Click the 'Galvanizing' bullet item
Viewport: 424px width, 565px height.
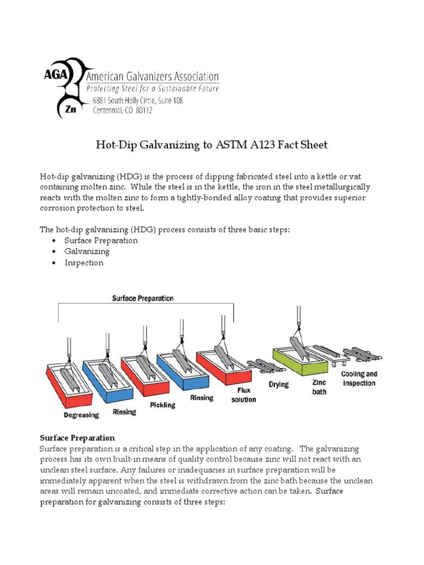tap(87, 252)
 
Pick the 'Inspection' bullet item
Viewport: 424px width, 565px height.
tap(84, 263)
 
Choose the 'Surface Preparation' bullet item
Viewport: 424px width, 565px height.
tap(101, 241)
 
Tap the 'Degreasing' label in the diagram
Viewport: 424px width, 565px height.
tap(81, 415)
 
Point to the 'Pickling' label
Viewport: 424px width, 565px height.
tap(162, 405)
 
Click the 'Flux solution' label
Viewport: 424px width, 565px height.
tap(243, 395)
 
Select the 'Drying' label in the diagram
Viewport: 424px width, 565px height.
tap(279, 384)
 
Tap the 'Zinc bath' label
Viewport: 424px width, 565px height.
tap(319, 387)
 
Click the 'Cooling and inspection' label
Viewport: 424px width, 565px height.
tap(359, 379)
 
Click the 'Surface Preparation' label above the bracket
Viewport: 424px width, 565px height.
tap(143, 299)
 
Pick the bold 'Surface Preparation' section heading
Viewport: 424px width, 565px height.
tap(77, 438)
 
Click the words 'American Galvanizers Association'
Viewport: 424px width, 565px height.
tap(152, 77)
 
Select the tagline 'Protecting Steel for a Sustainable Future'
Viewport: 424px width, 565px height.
tap(152, 88)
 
